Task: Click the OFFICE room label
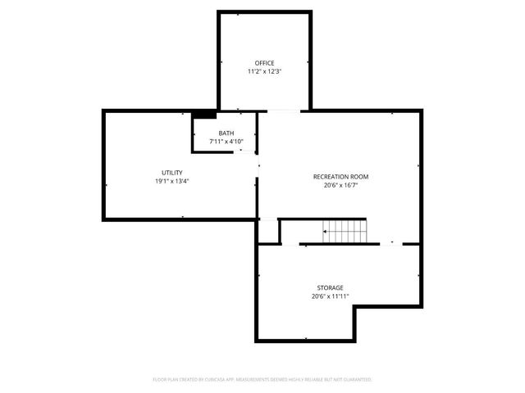click(x=264, y=63)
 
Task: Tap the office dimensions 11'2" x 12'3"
click(x=264, y=71)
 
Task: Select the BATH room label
click(x=226, y=133)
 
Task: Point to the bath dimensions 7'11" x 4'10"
click(x=226, y=141)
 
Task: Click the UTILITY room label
click(x=171, y=172)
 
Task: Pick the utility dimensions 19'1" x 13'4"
click(x=171, y=181)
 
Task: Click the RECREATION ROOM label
click(x=340, y=177)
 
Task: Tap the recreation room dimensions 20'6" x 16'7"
click(x=340, y=186)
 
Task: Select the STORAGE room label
click(x=330, y=287)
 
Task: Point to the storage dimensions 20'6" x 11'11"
click(x=330, y=296)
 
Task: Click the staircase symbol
click(x=345, y=232)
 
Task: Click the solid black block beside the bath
click(x=204, y=114)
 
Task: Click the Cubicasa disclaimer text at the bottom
click(x=262, y=379)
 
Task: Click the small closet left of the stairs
click(x=269, y=232)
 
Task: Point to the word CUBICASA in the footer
click(x=225, y=379)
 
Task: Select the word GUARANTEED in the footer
click(x=358, y=379)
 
